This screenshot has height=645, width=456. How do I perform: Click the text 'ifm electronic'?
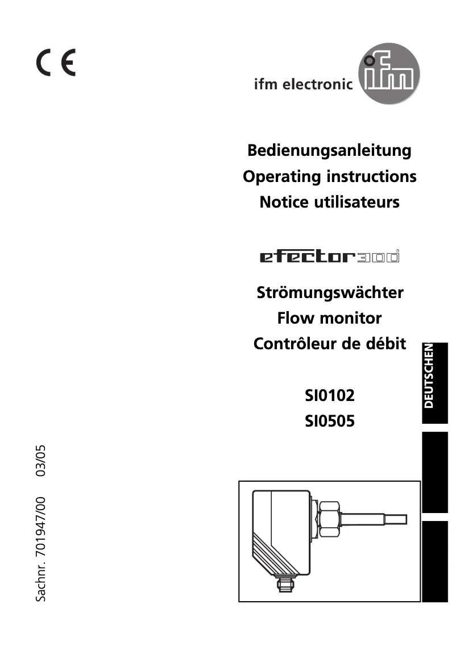pyautogui.click(x=303, y=85)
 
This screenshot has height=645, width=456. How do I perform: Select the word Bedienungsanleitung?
pyautogui.click(x=329, y=151)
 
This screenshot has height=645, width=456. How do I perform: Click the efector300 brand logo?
pyautogui.click(x=329, y=258)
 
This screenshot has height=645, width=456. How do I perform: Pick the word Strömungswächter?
pyautogui.click(x=330, y=293)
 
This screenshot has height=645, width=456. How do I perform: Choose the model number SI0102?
pyautogui.click(x=329, y=395)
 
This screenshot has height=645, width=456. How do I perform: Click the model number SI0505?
pyautogui.click(x=329, y=421)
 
